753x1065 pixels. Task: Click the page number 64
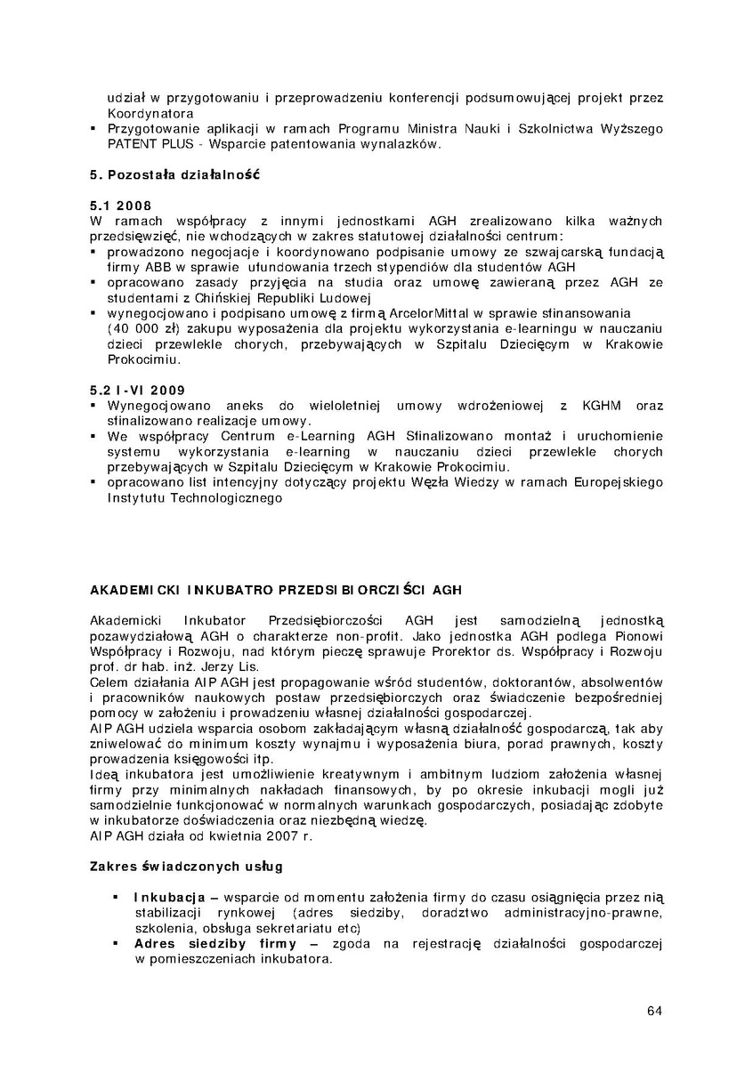(654, 1011)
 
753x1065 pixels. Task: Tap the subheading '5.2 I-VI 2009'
(139, 391)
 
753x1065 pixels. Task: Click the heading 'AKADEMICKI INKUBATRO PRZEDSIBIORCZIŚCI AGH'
(276, 590)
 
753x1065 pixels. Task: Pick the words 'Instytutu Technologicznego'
(194, 498)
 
